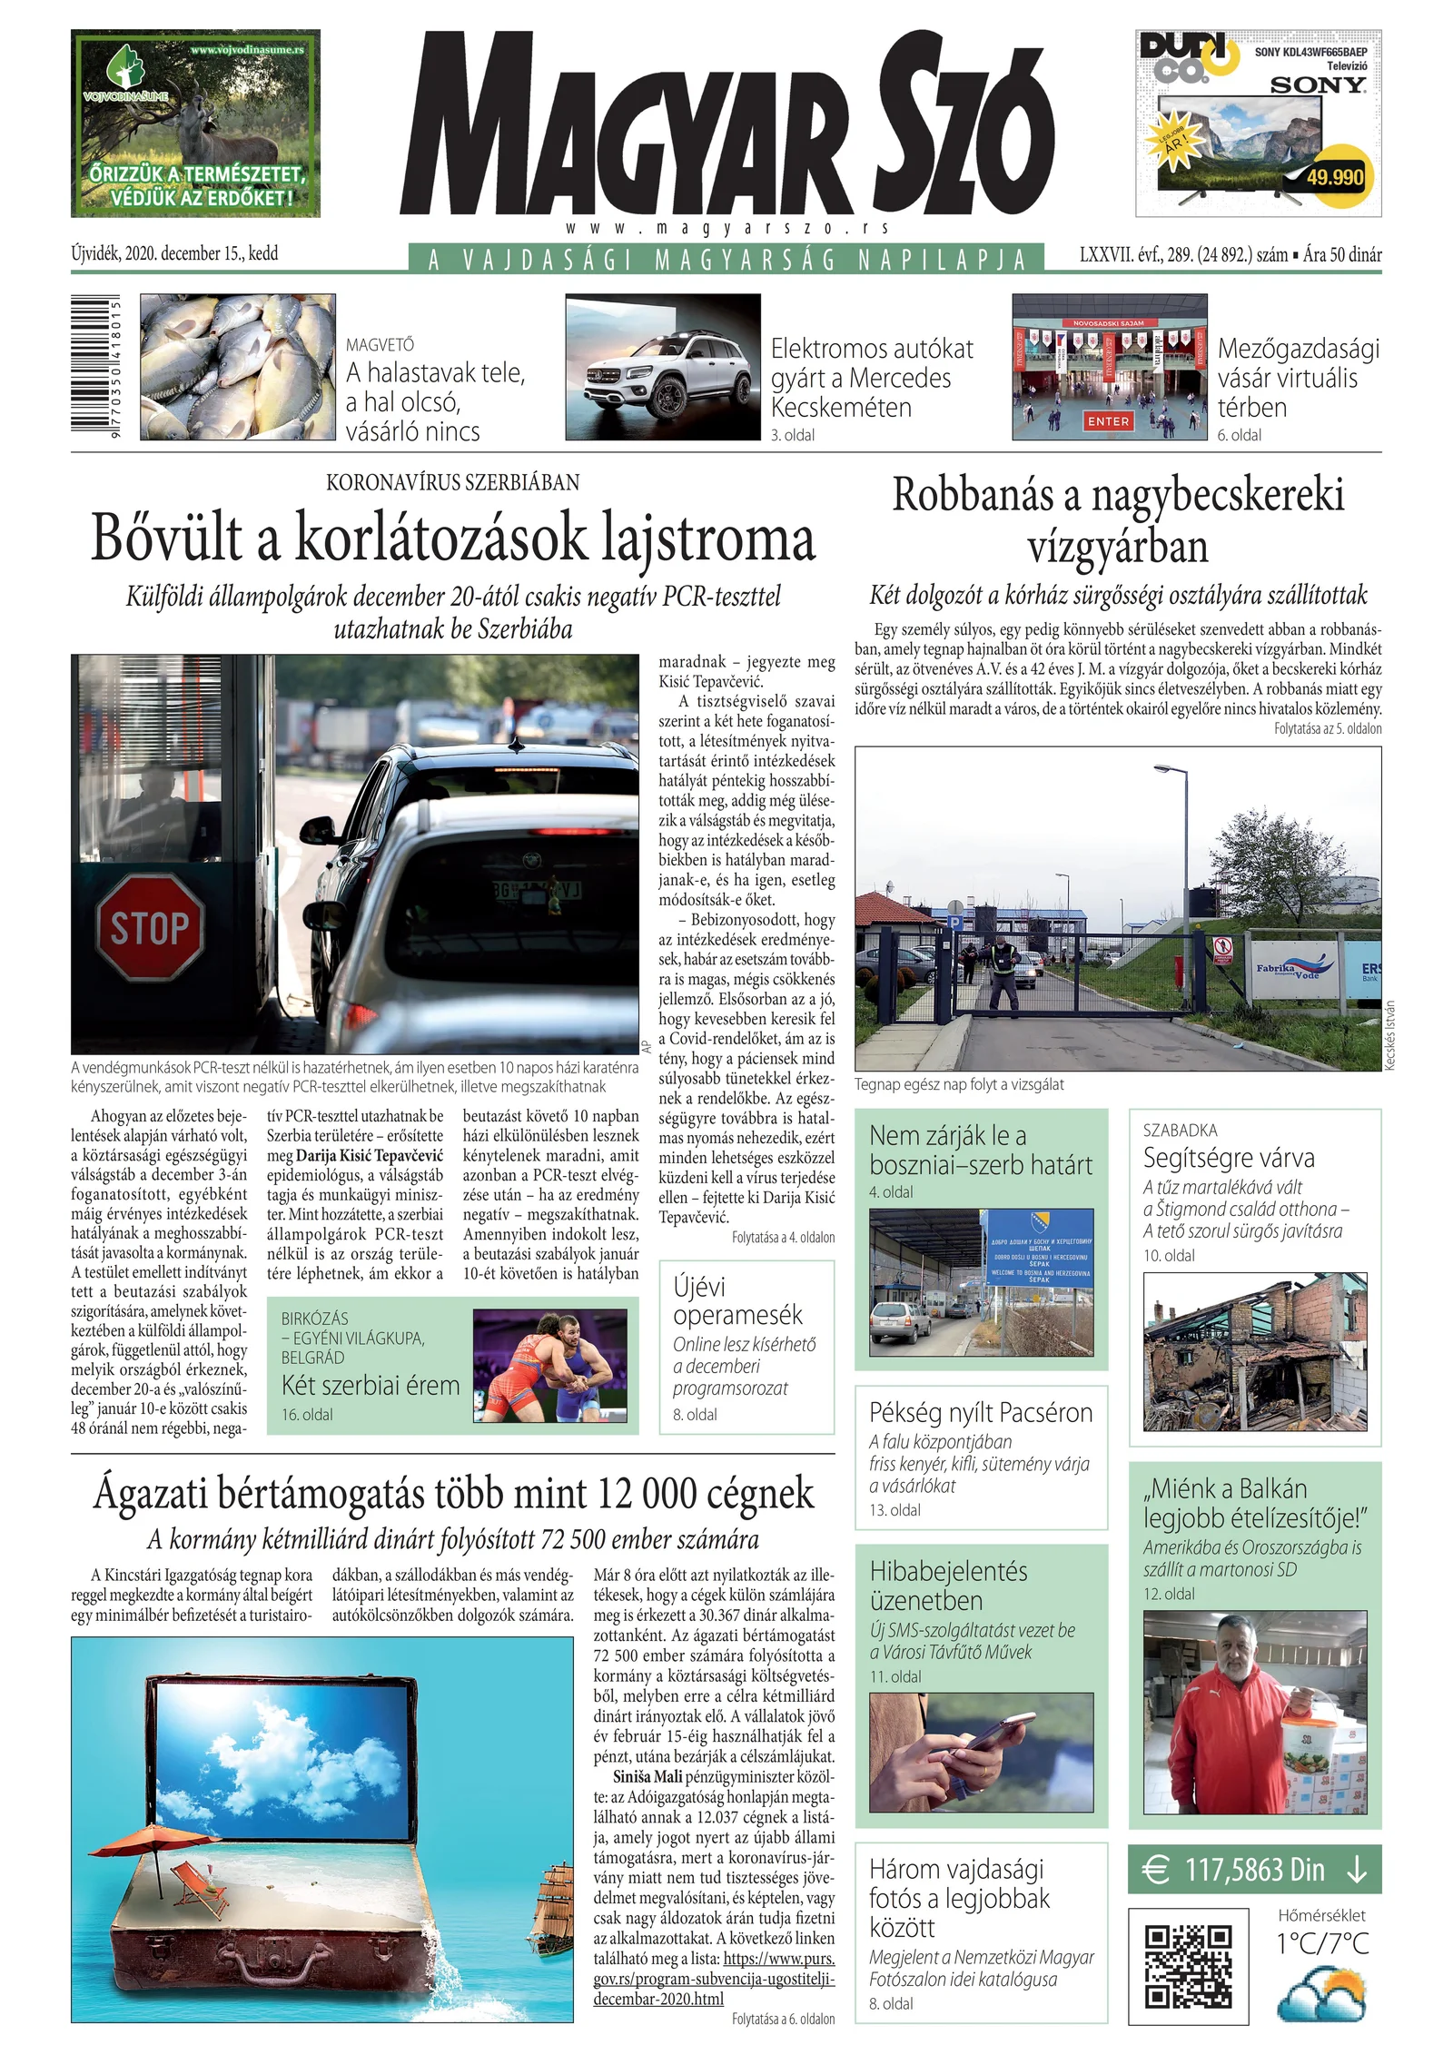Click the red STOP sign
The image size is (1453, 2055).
[x=150, y=927]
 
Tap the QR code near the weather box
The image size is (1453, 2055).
[x=1188, y=1966]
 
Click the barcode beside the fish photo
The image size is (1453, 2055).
[x=103, y=367]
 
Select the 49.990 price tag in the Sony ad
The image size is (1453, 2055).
[x=1334, y=176]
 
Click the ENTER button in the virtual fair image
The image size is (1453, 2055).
[x=1109, y=421]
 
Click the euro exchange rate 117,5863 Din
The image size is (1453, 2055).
[x=1254, y=1870]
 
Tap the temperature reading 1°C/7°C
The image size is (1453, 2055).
[x=1321, y=1942]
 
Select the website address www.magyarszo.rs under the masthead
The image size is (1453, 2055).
[x=726, y=228]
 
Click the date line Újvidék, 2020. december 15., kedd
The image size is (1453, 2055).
[x=174, y=253]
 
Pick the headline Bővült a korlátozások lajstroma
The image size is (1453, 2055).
[x=453, y=538]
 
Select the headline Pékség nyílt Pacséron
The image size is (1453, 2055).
[x=981, y=1412]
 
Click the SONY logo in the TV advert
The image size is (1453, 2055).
[x=1317, y=85]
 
